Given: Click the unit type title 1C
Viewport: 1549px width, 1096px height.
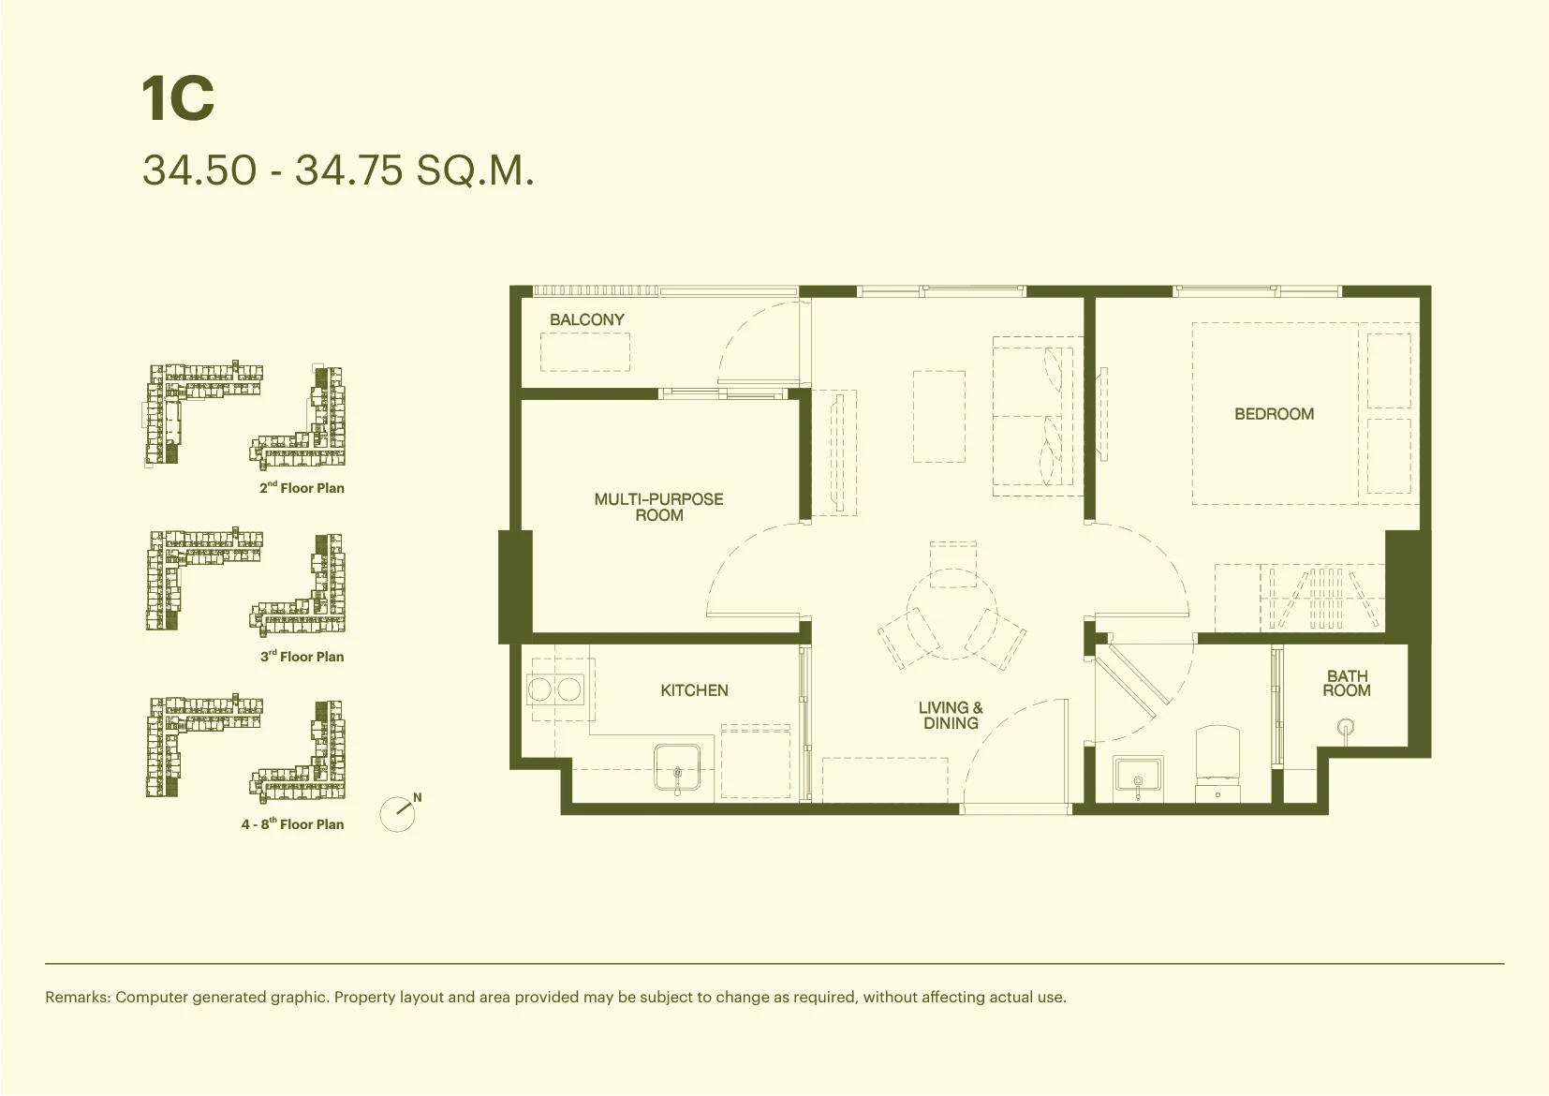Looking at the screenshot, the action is click(x=178, y=98).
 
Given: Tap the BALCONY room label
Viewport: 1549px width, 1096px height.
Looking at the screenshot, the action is click(x=587, y=319).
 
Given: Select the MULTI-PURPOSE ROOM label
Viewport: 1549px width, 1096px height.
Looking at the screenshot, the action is click(x=659, y=507).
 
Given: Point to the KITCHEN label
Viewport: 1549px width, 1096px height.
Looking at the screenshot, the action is click(x=694, y=690).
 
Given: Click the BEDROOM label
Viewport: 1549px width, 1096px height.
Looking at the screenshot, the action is click(x=1275, y=413).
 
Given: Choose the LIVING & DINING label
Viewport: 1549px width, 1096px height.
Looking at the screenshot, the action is click(x=951, y=715).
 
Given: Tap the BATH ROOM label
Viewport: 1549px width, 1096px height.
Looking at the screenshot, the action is click(x=1347, y=683).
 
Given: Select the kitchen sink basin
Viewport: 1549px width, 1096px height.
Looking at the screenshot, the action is click(x=678, y=767).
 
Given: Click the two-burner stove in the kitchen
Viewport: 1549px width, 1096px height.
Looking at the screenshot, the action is click(x=554, y=689).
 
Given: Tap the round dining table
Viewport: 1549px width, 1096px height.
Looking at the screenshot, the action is click(x=952, y=614).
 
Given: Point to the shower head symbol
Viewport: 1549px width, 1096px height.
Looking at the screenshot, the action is click(x=1346, y=727).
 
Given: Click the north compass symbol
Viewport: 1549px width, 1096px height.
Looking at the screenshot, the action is click(x=399, y=812).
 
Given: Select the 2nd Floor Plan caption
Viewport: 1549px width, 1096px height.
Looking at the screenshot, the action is click(x=302, y=487).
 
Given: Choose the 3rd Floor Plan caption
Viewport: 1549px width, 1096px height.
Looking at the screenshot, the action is click(x=302, y=656).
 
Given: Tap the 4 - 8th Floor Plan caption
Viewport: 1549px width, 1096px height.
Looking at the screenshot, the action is click(x=292, y=823).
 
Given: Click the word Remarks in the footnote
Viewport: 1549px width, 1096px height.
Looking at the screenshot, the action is click(x=78, y=997).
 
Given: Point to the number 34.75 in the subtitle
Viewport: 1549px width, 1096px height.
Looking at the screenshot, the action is click(x=348, y=170).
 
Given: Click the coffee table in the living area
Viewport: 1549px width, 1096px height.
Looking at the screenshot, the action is click(x=939, y=416).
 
